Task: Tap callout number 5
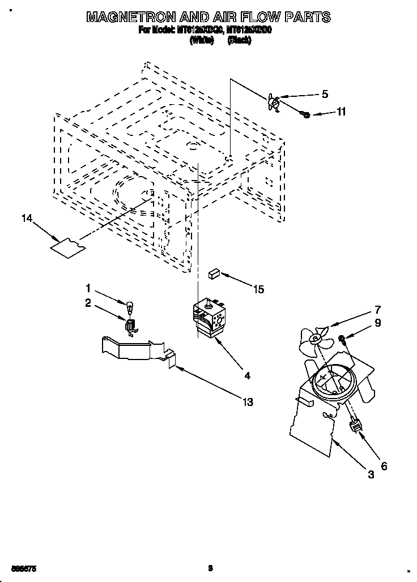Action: click(325, 95)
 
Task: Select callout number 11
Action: click(341, 112)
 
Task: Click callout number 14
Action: click(25, 219)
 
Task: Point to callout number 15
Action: click(258, 289)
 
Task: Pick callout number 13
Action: click(247, 402)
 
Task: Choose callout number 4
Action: click(247, 375)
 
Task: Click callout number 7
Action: click(377, 310)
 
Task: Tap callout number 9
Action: click(377, 323)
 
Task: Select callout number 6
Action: click(384, 467)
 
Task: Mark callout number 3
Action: click(371, 476)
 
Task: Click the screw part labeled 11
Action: click(305, 115)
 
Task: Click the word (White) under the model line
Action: click(202, 41)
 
